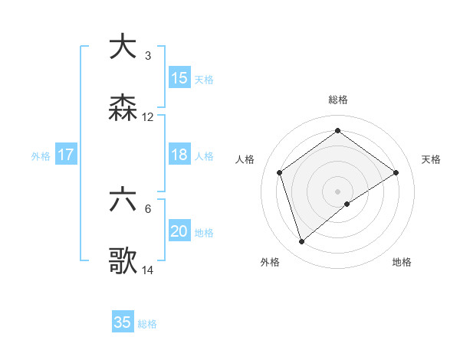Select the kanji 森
123,108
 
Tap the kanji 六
123,201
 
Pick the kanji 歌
123,261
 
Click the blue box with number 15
179,78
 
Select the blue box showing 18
179,155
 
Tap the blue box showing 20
179,231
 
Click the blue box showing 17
66,155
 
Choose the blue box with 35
123,322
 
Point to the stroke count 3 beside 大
148,56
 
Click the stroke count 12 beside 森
148,117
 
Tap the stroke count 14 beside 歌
148,270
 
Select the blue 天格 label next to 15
204,79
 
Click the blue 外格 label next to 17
41,155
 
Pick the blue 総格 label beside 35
147,323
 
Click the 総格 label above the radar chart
338,100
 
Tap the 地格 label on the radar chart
402,263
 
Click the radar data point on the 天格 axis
396,172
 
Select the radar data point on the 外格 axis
301,242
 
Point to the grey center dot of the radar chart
338,191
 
